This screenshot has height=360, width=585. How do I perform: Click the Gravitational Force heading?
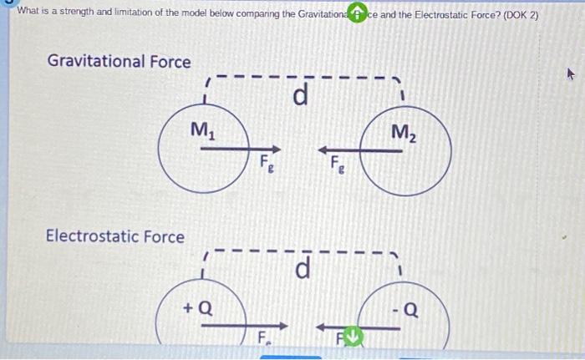click(x=119, y=62)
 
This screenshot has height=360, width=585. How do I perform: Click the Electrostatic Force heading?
click(x=115, y=236)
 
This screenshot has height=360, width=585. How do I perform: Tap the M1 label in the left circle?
click(x=201, y=129)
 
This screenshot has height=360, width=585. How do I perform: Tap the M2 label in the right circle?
click(x=403, y=132)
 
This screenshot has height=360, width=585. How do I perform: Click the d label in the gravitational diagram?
click(x=301, y=97)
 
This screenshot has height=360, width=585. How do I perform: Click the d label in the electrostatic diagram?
click(x=303, y=270)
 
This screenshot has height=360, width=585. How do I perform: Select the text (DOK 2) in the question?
click(x=517, y=14)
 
